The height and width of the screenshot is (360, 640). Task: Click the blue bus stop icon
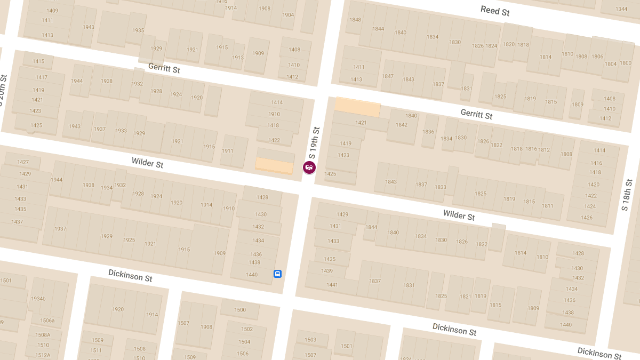click(277, 274)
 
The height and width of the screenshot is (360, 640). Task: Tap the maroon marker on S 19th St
click(309, 167)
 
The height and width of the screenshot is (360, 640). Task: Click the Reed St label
click(494, 11)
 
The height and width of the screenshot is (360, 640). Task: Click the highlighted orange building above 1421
click(357, 107)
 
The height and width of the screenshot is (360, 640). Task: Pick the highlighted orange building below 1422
click(274, 165)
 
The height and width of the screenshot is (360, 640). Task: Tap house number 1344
click(621, 9)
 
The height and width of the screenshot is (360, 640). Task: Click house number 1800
click(626, 63)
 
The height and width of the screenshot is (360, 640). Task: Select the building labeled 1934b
click(38, 299)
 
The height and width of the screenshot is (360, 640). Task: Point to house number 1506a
click(47, 321)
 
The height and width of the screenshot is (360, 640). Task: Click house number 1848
click(355, 20)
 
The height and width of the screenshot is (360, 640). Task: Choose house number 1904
click(288, 15)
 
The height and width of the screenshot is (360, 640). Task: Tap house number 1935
click(138, 30)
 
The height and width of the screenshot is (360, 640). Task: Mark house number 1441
click(332, 285)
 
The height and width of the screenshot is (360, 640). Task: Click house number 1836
click(428, 132)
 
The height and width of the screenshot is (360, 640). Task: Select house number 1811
click(548, 206)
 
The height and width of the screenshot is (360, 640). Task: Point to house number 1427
click(23, 162)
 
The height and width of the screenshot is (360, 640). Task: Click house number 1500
click(240, 310)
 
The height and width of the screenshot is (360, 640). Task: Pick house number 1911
click(228, 151)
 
